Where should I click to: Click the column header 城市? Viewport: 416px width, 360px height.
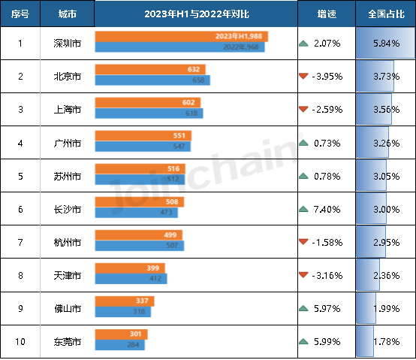pos(68,14)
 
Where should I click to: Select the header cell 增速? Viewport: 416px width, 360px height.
pos(326,14)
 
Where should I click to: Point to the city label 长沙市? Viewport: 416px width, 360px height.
pos(68,209)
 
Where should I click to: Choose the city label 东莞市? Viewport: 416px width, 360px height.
pos(68,341)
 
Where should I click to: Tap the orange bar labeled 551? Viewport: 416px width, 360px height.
pos(143,135)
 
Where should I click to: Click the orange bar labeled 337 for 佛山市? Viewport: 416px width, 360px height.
pos(125,301)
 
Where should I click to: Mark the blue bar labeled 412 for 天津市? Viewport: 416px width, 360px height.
pos(131,279)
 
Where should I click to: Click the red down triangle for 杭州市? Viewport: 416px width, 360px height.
pos(303,242)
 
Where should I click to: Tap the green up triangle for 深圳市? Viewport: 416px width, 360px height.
pos(303,44)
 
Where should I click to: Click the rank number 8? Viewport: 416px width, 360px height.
pos(20,275)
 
